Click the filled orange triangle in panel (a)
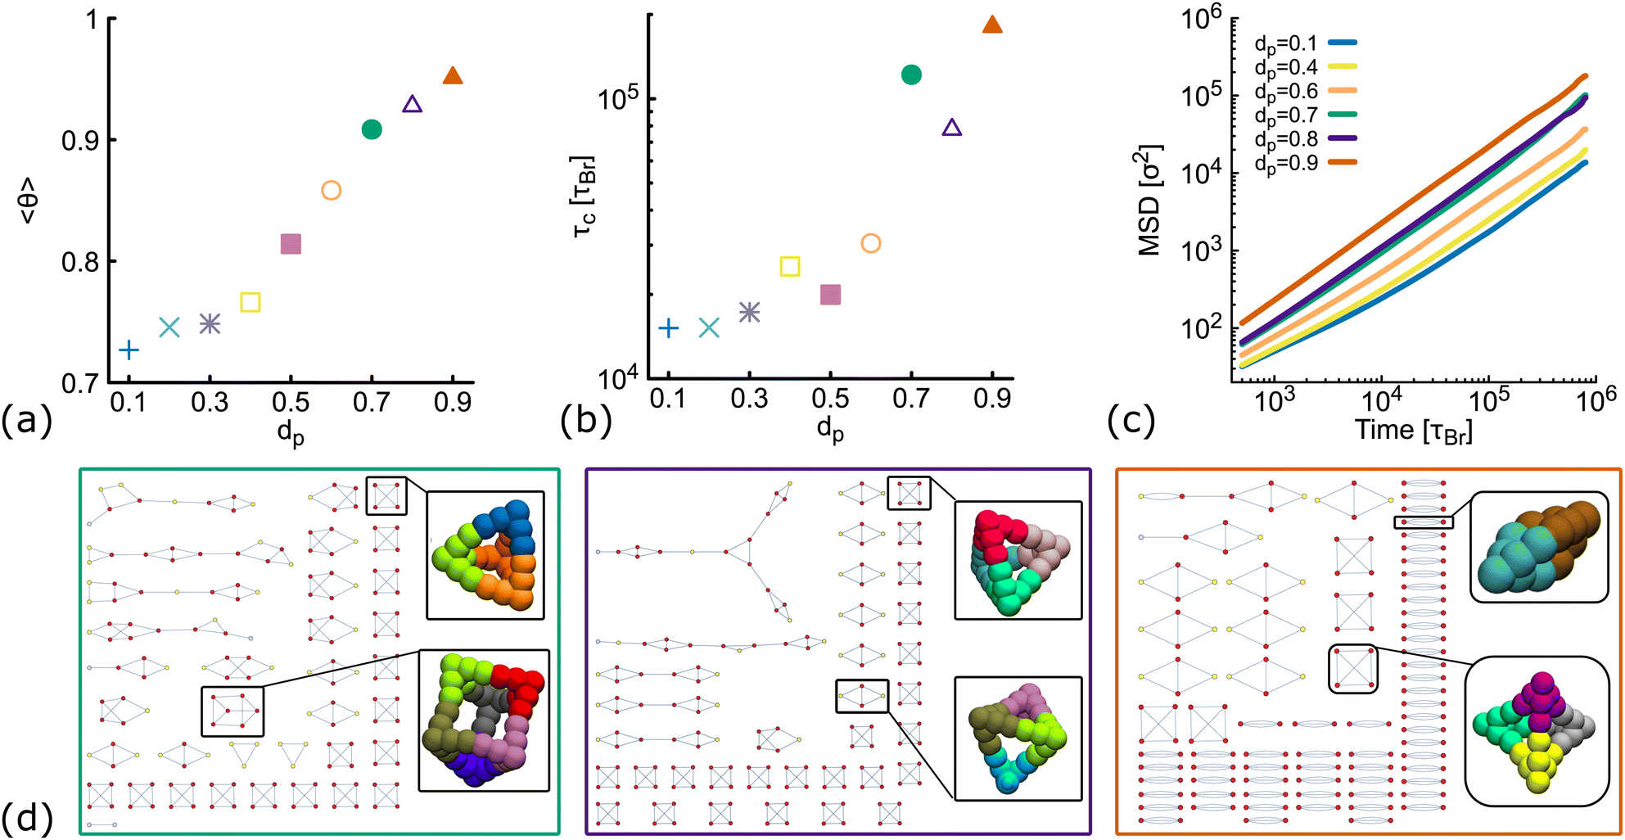pyautogui.click(x=453, y=76)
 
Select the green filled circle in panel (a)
pyautogui.click(x=372, y=129)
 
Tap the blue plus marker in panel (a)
pyautogui.click(x=129, y=350)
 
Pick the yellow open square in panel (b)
pyautogui.click(x=789, y=266)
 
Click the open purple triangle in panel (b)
pyautogui.click(x=951, y=128)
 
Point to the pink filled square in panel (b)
pyautogui.click(x=830, y=295)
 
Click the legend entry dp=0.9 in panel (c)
pyautogui.click(x=1286, y=162)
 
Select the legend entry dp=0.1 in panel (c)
pyautogui.click(x=1286, y=43)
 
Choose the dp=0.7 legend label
pyautogui.click(x=1286, y=115)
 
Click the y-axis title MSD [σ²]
pyautogui.click(x=1150, y=201)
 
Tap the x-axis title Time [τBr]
pyautogui.click(x=1413, y=431)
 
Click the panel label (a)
pyautogui.click(x=26, y=420)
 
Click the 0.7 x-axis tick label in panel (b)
pyautogui.click(x=910, y=400)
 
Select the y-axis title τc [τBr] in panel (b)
pyautogui.click(x=584, y=196)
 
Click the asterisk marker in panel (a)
pyautogui.click(x=210, y=324)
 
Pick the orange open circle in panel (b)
pyautogui.click(x=870, y=243)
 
